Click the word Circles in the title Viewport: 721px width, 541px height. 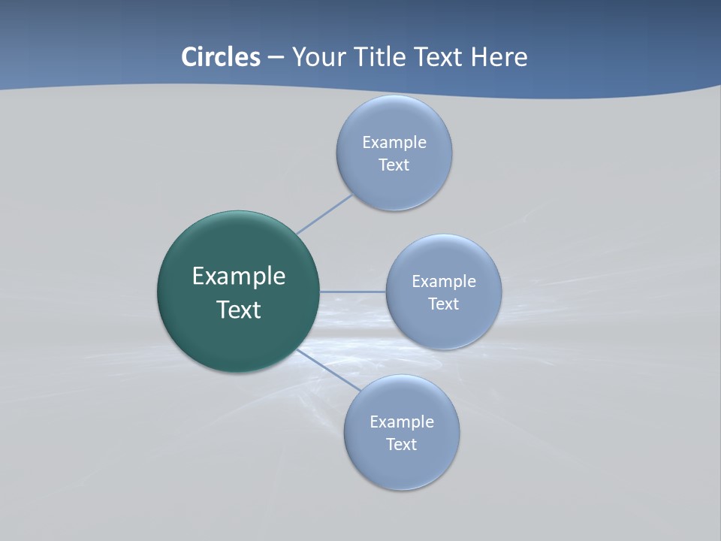click(220, 57)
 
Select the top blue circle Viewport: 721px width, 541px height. click(394, 184)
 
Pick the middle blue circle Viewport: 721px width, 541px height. click(443, 327)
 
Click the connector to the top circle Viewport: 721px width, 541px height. click(324, 214)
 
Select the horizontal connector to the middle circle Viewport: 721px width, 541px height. click(353, 292)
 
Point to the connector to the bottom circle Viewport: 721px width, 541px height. click(327, 370)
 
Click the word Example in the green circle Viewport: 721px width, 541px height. click(239, 277)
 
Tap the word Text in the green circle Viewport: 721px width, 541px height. click(239, 310)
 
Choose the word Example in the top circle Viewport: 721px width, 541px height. click(394, 143)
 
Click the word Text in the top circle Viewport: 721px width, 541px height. click(394, 165)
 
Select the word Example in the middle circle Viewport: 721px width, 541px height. click(444, 282)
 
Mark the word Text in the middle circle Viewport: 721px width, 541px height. click(443, 304)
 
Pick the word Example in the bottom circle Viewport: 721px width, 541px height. click(402, 422)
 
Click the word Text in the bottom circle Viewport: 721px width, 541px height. click(401, 445)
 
